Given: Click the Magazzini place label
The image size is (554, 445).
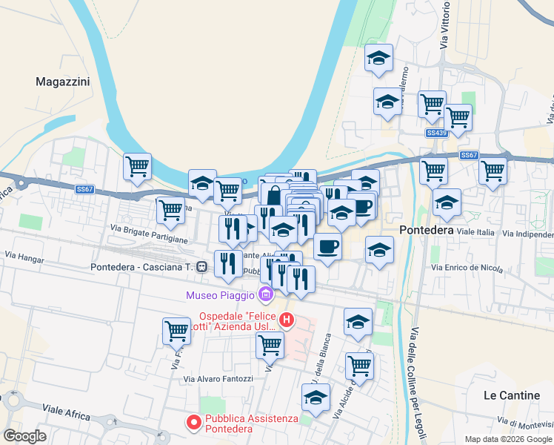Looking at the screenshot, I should (63, 82).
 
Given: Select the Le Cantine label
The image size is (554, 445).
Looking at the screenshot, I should (511, 395).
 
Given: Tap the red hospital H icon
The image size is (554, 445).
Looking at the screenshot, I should (286, 321).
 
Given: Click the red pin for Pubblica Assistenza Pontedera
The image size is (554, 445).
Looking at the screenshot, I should (194, 423).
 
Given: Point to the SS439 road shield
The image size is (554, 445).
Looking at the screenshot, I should (437, 133).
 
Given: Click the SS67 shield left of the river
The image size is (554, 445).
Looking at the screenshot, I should (84, 190).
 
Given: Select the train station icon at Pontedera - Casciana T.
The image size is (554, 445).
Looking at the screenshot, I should (201, 267).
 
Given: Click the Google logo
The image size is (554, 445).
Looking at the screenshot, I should (24, 436).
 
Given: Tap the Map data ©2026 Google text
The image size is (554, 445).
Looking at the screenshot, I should (508, 439).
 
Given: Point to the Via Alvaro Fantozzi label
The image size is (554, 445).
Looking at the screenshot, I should (218, 379).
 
